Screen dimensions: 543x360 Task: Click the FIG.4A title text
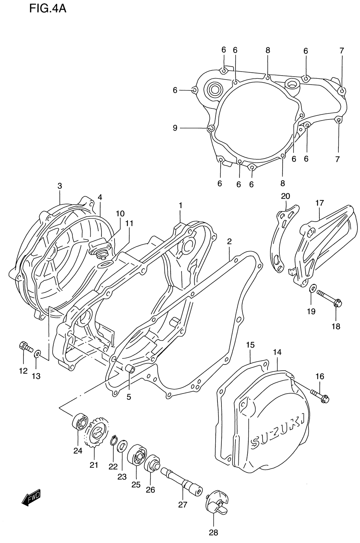click(48, 8)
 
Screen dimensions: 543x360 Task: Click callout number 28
click(213, 533)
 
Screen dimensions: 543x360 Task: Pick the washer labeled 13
click(37, 355)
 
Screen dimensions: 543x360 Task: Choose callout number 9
click(175, 128)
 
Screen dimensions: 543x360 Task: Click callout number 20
click(285, 196)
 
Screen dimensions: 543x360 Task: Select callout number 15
click(250, 345)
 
